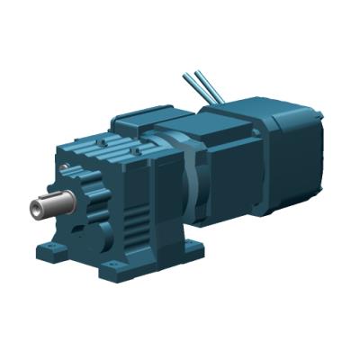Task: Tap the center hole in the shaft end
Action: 33,211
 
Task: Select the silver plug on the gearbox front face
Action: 64,167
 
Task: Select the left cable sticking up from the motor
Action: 194,86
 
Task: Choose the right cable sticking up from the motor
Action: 214,85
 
